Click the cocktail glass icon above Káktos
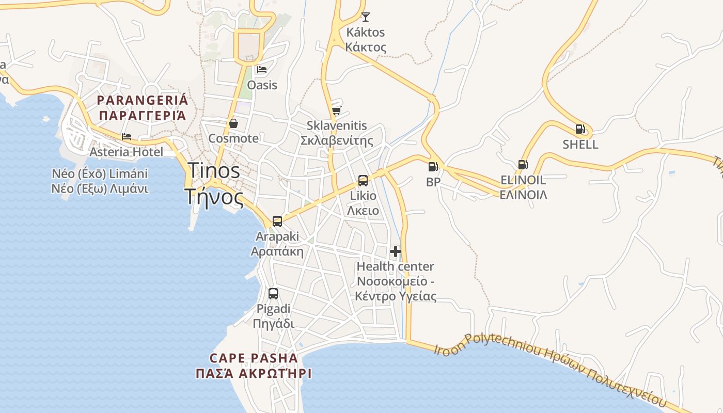point(366,17)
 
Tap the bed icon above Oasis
point(262,70)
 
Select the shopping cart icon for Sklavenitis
point(337,110)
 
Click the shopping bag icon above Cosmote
point(233,123)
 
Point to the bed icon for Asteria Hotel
point(127,137)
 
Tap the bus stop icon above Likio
point(363,181)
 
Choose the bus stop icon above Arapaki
point(277,221)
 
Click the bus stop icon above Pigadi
point(273,294)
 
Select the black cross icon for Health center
point(396,251)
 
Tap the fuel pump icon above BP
point(433,167)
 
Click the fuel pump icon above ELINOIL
point(523,165)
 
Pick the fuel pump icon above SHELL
point(580,129)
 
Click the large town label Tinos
point(214,171)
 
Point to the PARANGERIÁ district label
point(143,100)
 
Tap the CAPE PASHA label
point(254,358)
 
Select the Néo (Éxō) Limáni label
point(100,173)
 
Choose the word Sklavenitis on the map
point(337,125)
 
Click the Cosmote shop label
point(233,138)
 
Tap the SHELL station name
point(580,145)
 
